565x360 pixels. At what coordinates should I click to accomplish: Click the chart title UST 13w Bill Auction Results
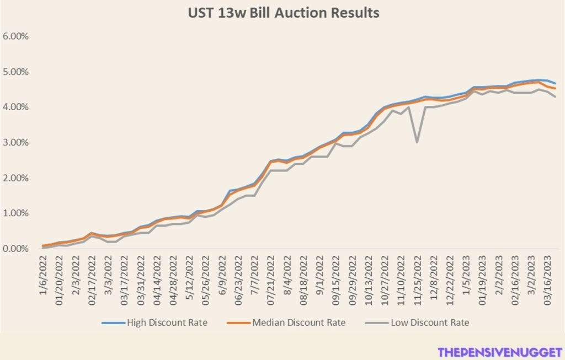[283, 13]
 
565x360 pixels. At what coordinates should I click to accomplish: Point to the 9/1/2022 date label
[319, 276]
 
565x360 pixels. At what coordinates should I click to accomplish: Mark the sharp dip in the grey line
[417, 142]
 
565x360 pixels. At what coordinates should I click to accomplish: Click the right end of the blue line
[555, 83]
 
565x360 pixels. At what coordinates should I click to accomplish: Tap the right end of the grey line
[555, 97]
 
